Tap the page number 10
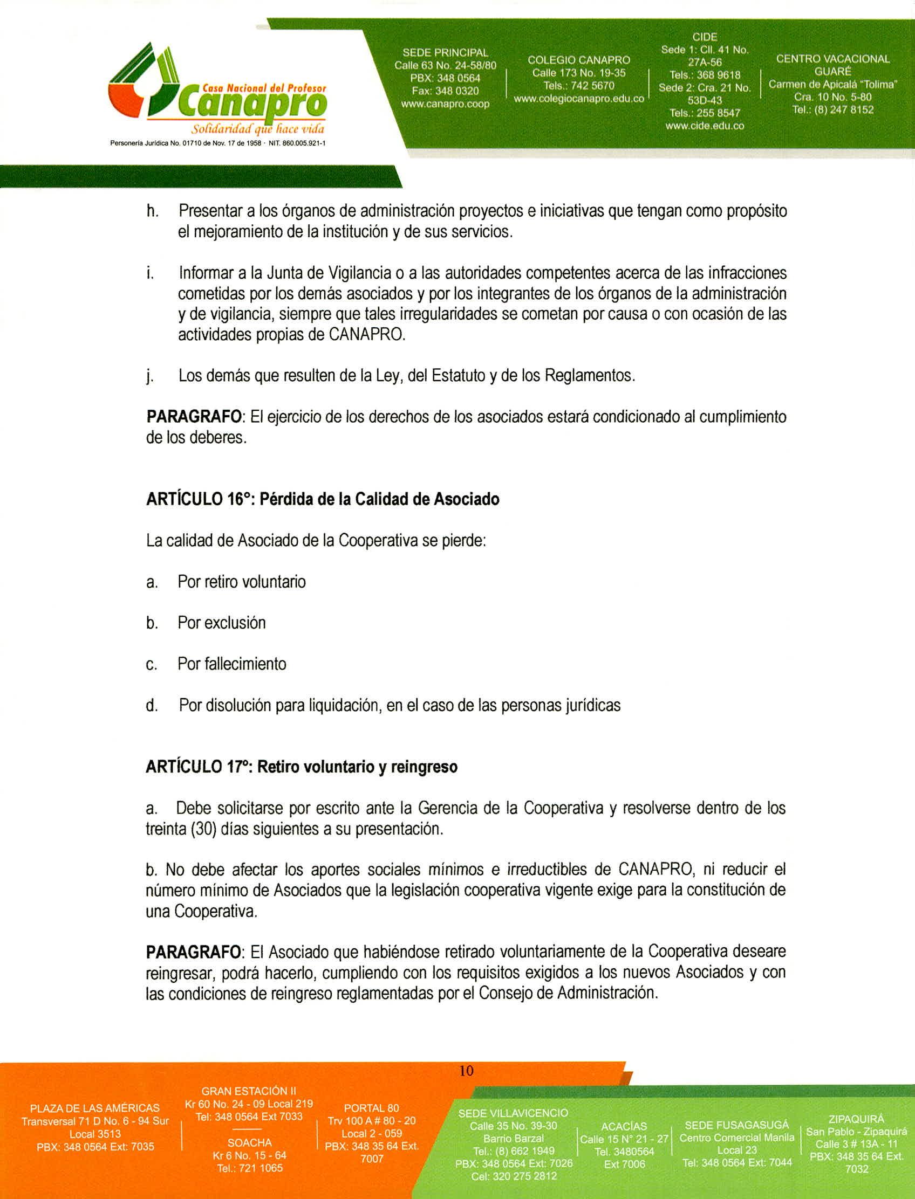(x=467, y=1071)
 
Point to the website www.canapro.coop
(x=445, y=104)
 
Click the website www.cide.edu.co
(x=704, y=126)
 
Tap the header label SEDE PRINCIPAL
(x=445, y=53)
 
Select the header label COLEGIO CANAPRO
(x=578, y=60)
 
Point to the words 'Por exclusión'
(x=222, y=623)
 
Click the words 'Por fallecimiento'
(x=232, y=664)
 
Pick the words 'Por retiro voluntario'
(x=242, y=582)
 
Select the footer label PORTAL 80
(x=371, y=1108)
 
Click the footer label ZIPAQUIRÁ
(x=856, y=1119)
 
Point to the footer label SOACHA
(x=249, y=1142)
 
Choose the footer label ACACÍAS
(x=624, y=1126)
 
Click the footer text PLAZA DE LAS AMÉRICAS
(x=95, y=1108)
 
